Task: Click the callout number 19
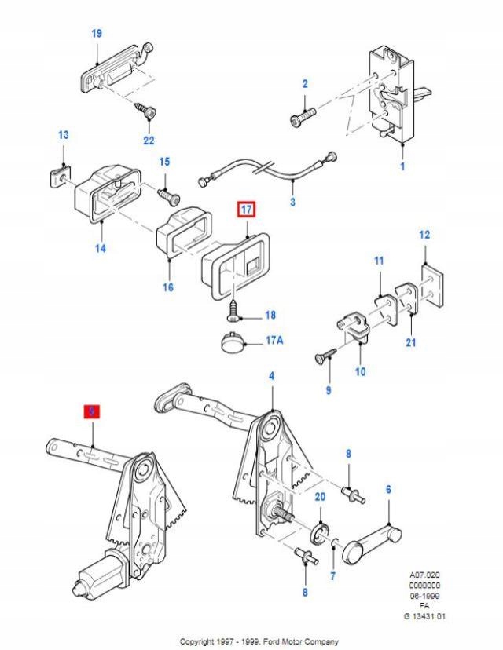click(x=97, y=33)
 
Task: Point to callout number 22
click(x=149, y=141)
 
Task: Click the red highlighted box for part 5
click(x=92, y=411)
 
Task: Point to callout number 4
click(x=272, y=376)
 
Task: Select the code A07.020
click(x=424, y=575)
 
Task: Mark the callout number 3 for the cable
click(x=292, y=201)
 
